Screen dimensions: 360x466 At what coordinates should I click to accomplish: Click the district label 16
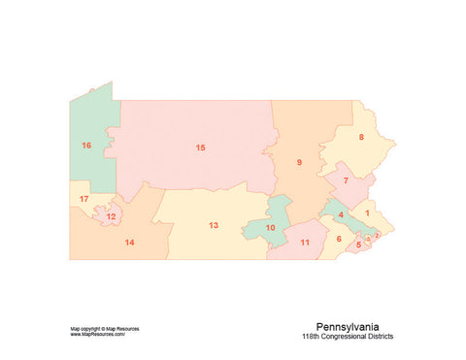(x=86, y=146)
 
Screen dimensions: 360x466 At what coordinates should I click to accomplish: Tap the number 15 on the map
(x=200, y=147)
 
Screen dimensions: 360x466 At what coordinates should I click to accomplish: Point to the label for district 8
(x=361, y=137)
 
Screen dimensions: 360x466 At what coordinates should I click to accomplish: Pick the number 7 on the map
(x=346, y=180)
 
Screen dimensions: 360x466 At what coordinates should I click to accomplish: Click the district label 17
(x=84, y=199)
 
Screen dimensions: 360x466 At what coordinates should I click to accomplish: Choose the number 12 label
(x=112, y=216)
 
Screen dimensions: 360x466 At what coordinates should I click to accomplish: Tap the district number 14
(x=129, y=242)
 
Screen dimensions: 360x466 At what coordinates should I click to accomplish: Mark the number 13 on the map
(x=213, y=225)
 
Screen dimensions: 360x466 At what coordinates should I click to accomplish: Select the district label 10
(x=270, y=228)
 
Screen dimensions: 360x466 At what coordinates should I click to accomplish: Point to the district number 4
(x=341, y=215)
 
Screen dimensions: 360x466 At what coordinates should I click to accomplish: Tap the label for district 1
(x=367, y=212)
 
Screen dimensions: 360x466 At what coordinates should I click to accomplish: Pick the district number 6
(x=339, y=239)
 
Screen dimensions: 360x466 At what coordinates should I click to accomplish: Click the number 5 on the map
(x=358, y=245)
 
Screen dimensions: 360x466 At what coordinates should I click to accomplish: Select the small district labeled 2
(x=377, y=234)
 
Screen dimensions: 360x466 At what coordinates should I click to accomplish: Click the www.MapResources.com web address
(x=98, y=335)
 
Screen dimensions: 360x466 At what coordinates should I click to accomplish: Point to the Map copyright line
(x=104, y=329)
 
